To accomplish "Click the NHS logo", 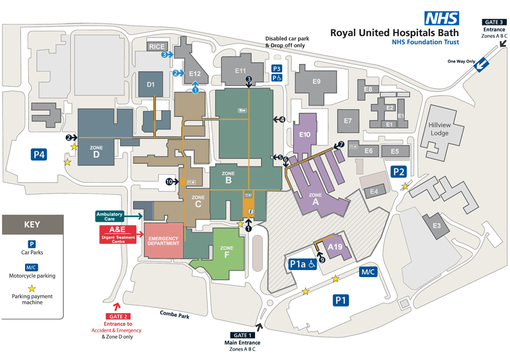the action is tap(441, 18).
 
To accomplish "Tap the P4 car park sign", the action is tap(39, 154).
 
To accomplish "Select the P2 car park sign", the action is tap(399, 172).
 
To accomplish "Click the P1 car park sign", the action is tap(341, 300).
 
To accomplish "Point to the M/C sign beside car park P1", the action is tap(368, 272).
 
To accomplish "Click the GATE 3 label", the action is tap(494, 22).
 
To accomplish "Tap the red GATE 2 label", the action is tap(118, 316).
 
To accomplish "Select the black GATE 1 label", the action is tap(242, 335).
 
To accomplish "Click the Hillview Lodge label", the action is tap(439, 129).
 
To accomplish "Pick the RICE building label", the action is tap(157, 47).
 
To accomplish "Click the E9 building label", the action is tap(317, 81).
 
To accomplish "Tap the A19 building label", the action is tap(335, 247).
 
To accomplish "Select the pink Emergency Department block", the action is tap(163, 240).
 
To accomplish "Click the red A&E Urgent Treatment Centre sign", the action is tap(118, 235).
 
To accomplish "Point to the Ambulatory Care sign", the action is tap(109, 216).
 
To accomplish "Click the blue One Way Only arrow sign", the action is tap(481, 64).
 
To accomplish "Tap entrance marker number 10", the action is tap(169, 182).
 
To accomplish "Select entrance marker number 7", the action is tap(341, 144).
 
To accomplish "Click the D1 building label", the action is tap(150, 85).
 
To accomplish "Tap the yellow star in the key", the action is tap(31, 288).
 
